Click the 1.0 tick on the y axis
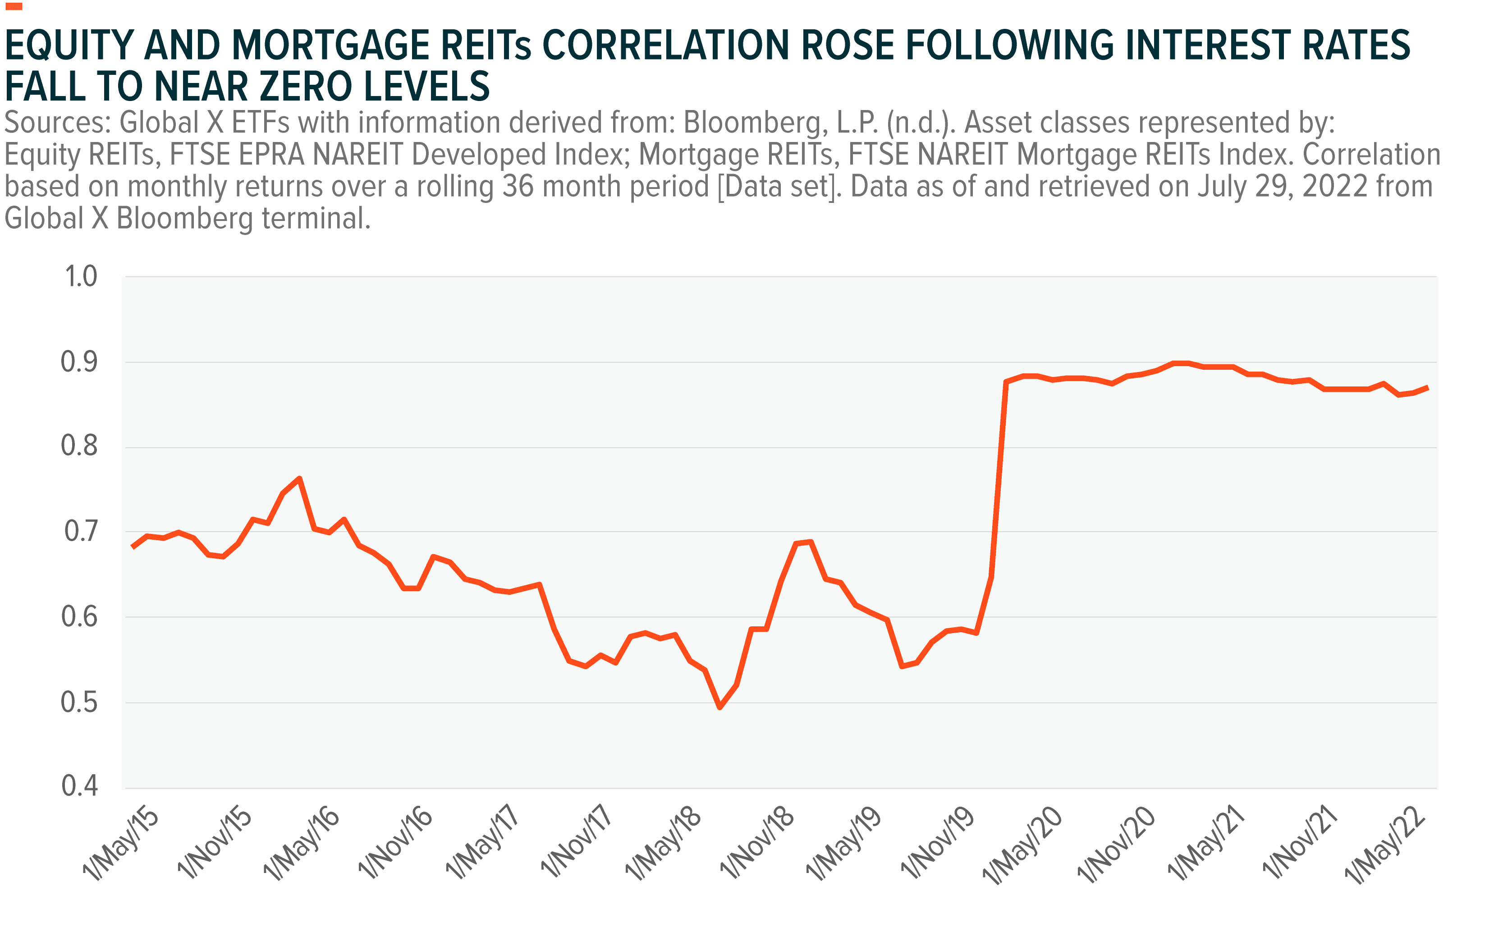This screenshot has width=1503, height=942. [81, 276]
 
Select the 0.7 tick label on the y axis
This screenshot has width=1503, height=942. [81, 532]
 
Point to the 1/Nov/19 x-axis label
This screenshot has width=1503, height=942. [937, 844]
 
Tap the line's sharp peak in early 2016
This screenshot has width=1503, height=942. [300, 478]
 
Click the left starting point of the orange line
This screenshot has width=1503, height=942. [133, 547]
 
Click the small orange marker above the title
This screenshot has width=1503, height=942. [14, 7]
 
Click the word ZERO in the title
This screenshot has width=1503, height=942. [305, 87]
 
